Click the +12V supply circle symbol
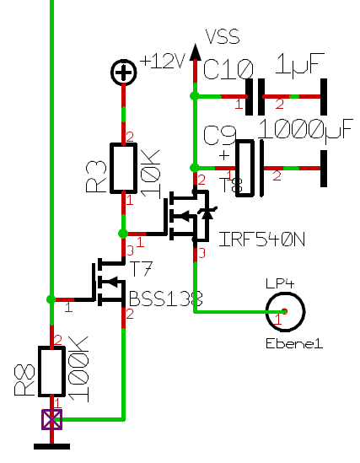[x=124, y=72]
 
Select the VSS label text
[x=223, y=37]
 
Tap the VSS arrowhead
[x=195, y=52]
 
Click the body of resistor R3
[x=124, y=168]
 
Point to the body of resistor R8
[x=52, y=371]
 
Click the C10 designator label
[x=228, y=69]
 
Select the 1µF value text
[x=299, y=65]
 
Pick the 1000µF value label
[x=306, y=130]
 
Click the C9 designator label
[x=220, y=135]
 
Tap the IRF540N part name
[x=261, y=240]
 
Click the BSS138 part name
[x=166, y=299]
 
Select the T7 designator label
[x=141, y=269]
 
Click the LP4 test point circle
[x=285, y=312]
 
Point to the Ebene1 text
[x=294, y=344]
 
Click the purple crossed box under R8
[x=52, y=419]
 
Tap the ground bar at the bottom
[x=52, y=446]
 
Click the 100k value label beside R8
[x=78, y=369]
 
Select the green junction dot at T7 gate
[x=51, y=299]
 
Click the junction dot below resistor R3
[x=123, y=234]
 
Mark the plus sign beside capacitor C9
[x=224, y=155]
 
